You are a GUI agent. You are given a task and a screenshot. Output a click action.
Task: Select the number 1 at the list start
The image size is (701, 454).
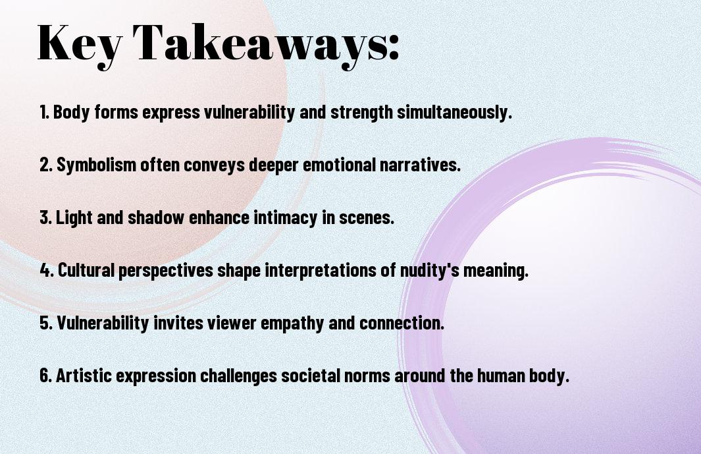point(43,112)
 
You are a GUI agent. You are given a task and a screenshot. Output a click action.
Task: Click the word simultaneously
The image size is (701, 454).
point(454,112)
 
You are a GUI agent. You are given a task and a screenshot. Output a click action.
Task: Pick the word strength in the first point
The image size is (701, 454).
point(361,112)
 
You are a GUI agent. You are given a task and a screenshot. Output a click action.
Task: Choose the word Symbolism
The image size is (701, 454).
point(96,165)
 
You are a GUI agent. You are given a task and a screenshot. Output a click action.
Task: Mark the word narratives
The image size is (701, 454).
point(420,165)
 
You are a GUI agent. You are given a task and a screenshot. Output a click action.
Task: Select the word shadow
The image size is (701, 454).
point(156,217)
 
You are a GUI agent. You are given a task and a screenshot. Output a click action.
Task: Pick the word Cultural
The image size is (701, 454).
point(86,270)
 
